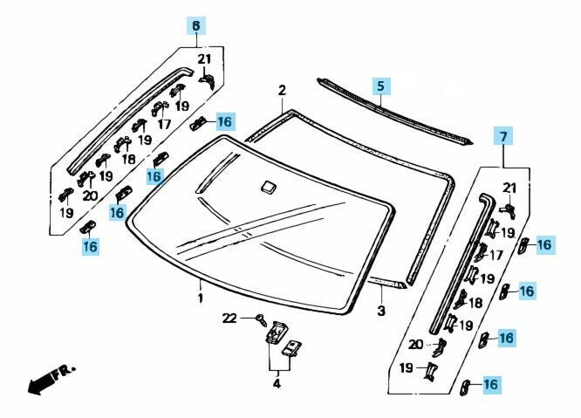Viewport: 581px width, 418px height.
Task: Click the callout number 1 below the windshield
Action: pos(200,298)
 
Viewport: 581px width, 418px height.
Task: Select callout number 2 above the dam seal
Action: pos(282,91)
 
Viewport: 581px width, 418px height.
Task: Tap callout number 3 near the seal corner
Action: pos(380,311)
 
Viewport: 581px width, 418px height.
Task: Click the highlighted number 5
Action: pos(379,86)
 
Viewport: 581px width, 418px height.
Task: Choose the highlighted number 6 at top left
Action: pos(195,25)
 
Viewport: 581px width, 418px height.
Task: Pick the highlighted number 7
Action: pos(502,136)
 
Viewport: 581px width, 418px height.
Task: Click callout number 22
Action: pos(229,317)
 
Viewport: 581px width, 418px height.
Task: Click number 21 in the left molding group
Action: pos(204,59)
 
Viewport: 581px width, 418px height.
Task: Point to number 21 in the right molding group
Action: pos(509,188)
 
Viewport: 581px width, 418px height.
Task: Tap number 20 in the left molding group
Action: pos(90,195)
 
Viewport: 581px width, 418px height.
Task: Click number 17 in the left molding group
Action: pos(163,124)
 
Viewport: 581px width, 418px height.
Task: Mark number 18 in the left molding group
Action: pos(128,160)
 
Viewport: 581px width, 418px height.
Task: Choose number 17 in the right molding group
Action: pos(496,256)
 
